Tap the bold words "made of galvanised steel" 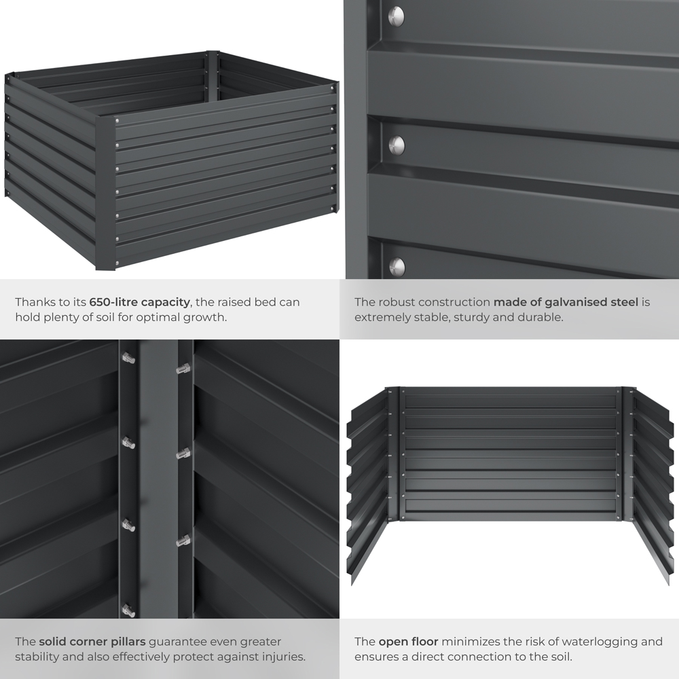click(x=566, y=301)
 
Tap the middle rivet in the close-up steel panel click(x=397, y=145)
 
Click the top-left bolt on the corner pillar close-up click(x=128, y=358)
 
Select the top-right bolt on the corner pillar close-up click(x=183, y=369)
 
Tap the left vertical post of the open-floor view click(x=394, y=452)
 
